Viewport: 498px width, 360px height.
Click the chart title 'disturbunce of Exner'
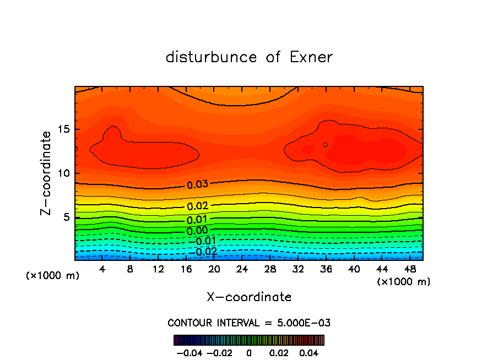click(x=249, y=57)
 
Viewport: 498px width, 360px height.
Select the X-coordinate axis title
click(x=249, y=297)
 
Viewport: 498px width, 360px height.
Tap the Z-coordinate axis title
click(x=47, y=173)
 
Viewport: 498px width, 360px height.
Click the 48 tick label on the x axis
click(x=410, y=269)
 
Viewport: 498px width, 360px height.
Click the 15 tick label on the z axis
click(x=63, y=129)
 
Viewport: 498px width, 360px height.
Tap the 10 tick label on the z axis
click(x=63, y=173)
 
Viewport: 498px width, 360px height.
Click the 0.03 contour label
click(x=197, y=184)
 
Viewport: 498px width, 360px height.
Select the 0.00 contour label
click(x=197, y=230)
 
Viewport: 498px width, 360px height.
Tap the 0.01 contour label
click(x=197, y=219)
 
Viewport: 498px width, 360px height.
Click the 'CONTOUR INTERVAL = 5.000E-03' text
click(x=249, y=323)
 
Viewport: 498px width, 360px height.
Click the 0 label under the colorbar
click(x=249, y=352)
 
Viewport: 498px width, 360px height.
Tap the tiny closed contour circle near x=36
click(x=325, y=145)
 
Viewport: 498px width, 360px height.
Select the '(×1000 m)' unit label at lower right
click(x=404, y=281)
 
